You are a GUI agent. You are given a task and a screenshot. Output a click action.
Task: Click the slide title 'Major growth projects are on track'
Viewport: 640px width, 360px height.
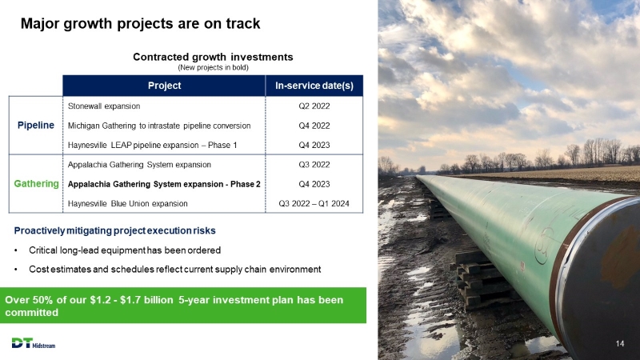pos(141,24)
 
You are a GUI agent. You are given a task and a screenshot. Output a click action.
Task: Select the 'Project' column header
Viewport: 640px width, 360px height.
pos(164,86)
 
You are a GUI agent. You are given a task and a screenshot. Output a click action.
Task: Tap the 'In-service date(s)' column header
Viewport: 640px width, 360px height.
pos(314,86)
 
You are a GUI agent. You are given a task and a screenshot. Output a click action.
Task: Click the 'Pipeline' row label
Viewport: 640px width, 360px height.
pos(36,126)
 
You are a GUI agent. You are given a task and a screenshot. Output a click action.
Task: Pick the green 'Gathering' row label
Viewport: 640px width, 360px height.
pos(36,184)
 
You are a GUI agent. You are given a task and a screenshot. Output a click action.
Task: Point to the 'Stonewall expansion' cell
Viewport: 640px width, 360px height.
pos(104,106)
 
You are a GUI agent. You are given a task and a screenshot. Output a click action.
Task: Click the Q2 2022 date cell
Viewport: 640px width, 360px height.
pos(314,106)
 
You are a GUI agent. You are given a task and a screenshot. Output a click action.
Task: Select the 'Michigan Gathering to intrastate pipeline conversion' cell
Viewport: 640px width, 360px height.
pos(159,126)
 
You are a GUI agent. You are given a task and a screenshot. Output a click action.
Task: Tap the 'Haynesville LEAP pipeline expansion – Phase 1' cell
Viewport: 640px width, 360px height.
pos(152,145)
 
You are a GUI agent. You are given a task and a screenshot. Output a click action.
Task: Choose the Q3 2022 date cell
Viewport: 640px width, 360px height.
pos(314,165)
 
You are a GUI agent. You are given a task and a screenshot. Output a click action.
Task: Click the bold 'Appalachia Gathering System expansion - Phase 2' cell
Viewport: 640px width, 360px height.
pos(164,184)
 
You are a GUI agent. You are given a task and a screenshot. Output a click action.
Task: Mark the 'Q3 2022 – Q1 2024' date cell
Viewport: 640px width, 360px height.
pos(314,204)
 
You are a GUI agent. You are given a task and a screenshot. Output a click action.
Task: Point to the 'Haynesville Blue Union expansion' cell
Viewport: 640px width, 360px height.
pos(128,204)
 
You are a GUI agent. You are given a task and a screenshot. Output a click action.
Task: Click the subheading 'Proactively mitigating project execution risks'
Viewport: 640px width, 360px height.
pos(114,230)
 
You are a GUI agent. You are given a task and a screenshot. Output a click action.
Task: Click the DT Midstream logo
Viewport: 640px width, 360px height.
pos(34,343)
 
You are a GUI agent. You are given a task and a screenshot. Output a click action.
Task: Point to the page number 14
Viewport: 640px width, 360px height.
pos(619,344)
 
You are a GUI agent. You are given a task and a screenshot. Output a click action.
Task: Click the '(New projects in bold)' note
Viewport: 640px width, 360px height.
pos(213,67)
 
